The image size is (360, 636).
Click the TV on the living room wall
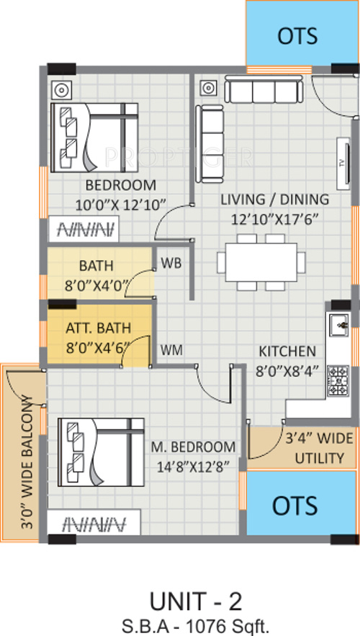(x=343, y=164)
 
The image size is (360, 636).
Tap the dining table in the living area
(x=261, y=262)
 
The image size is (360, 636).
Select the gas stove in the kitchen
(x=338, y=380)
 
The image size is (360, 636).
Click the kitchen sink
(x=338, y=325)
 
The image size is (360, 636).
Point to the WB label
(x=171, y=263)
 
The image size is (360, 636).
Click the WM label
(x=171, y=349)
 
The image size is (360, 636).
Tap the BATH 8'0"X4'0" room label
(x=96, y=275)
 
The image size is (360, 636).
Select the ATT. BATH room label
(x=98, y=327)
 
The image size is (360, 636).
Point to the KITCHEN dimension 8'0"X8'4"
(x=287, y=371)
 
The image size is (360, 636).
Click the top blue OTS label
(x=297, y=36)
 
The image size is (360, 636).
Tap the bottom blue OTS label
(x=294, y=506)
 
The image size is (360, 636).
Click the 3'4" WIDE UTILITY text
(x=320, y=448)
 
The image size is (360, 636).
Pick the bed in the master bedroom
(x=101, y=452)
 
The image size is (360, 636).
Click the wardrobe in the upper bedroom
(x=84, y=230)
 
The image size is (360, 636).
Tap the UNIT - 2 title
(x=196, y=601)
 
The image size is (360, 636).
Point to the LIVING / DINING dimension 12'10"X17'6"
(x=274, y=220)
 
